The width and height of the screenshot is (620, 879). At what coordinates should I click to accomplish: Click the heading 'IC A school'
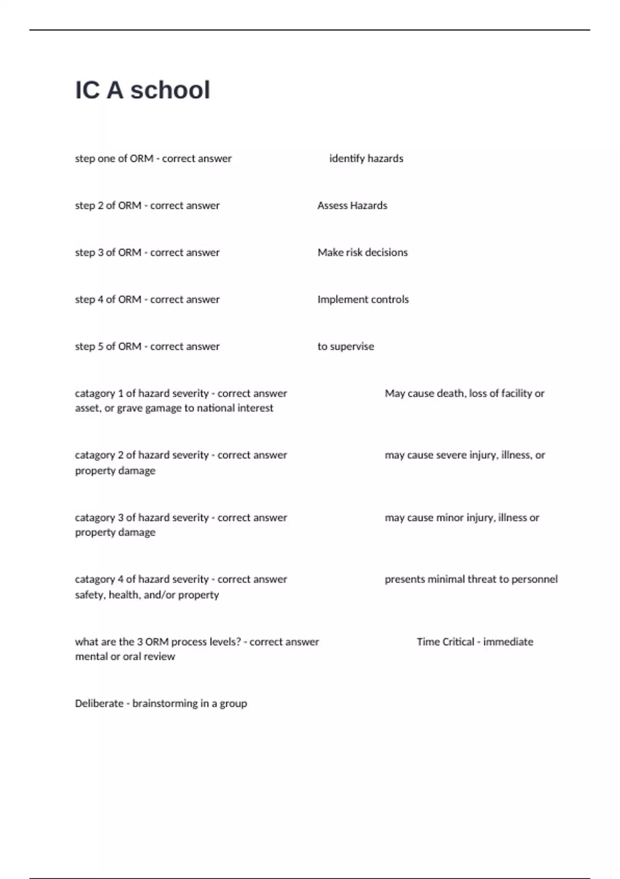pyautogui.click(x=143, y=90)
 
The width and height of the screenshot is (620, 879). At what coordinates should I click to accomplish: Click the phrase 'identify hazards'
pyautogui.click(x=366, y=159)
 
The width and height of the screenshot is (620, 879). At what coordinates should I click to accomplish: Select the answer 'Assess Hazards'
pyautogui.click(x=352, y=206)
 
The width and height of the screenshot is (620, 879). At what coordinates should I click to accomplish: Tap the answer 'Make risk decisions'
pyautogui.click(x=362, y=253)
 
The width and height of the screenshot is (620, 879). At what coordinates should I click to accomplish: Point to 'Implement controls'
pyautogui.click(x=363, y=300)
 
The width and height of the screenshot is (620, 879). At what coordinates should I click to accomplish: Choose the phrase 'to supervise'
pyautogui.click(x=346, y=347)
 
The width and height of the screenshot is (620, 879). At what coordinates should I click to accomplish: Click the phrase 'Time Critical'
pyautogui.click(x=445, y=642)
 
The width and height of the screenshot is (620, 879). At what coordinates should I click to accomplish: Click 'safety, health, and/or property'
pyautogui.click(x=147, y=595)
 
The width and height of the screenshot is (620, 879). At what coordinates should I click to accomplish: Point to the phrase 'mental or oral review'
pyautogui.click(x=125, y=657)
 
